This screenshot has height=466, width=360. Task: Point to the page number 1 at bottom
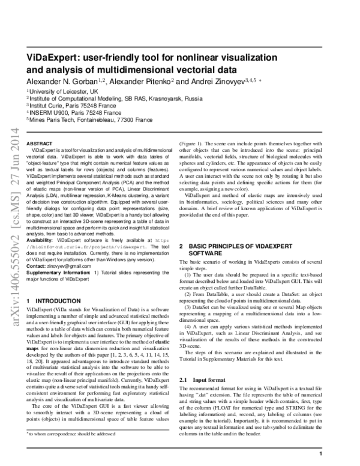[x=322, y=454]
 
